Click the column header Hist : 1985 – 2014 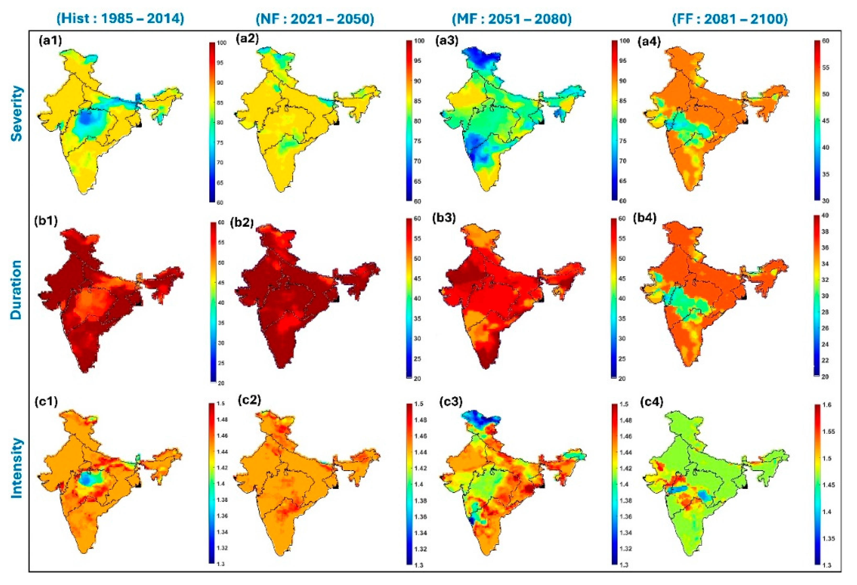click(120, 18)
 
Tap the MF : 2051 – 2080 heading click(512, 18)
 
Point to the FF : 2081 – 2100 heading click(730, 18)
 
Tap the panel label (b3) click(444, 218)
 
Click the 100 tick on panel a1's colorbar click(221, 43)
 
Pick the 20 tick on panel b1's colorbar click(221, 383)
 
